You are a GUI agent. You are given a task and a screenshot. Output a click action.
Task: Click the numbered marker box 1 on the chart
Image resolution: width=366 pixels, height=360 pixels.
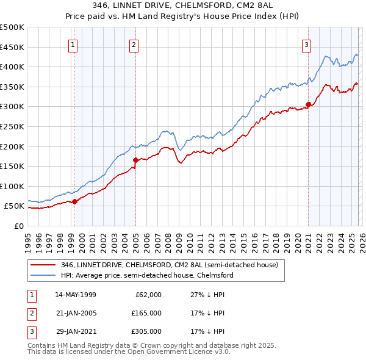(73, 44)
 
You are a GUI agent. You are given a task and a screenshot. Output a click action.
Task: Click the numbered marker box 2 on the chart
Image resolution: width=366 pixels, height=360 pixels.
(134, 44)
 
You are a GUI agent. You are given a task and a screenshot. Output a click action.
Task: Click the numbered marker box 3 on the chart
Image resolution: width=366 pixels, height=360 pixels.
(306, 44)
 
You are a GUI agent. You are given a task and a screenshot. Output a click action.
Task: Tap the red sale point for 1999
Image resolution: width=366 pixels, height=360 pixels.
(74, 201)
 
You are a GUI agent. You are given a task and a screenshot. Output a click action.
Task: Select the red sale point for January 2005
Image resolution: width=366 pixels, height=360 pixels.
(135, 160)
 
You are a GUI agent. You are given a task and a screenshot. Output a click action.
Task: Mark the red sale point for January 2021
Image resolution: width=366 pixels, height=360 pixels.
(309, 104)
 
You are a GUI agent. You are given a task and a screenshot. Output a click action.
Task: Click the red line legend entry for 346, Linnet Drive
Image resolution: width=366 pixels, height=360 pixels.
(169, 265)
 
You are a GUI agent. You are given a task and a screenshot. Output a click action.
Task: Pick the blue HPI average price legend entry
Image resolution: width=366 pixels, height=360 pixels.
(147, 275)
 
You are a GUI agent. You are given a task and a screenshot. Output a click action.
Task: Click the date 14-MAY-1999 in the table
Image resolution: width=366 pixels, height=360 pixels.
(76, 295)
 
